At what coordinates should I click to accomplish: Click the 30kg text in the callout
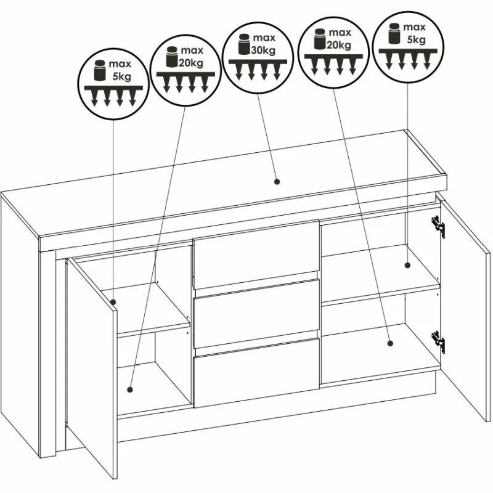pos(263,50)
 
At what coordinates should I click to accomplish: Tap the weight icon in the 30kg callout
pos(243,44)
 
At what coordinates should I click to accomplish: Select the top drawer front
pos(256,255)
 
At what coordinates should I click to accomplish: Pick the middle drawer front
pos(257,314)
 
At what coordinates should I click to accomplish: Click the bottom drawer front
pos(257,373)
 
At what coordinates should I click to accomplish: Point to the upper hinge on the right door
pos(438,227)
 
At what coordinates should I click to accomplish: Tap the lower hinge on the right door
pos(438,342)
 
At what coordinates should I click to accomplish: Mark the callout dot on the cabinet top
pos(277,181)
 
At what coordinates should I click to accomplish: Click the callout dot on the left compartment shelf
pos(113,302)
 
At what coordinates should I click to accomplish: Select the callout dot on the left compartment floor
pos(130,389)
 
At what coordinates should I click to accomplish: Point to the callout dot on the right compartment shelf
pos(407,265)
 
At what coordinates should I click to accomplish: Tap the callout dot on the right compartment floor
pos(390,343)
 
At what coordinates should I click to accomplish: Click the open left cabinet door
pos(91,368)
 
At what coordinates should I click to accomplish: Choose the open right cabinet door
pos(464,308)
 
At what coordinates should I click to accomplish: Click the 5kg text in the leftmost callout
pos(121,76)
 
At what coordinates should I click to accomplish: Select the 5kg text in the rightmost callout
pos(417,39)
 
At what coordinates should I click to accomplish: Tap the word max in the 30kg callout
pos(264,38)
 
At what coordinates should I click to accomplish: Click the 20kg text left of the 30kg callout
pos(191,63)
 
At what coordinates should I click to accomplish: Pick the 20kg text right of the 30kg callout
pos(338,45)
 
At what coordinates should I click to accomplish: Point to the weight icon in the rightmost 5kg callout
pos(394,33)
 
